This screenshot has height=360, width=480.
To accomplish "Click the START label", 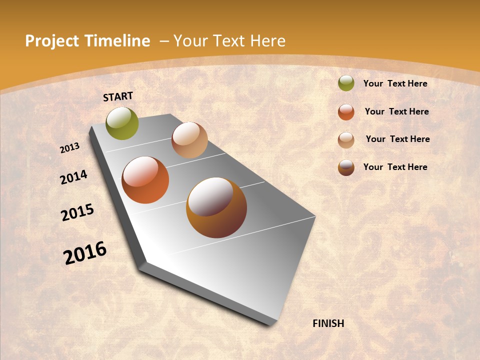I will click(118, 96).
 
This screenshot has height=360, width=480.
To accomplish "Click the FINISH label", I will click(328, 323).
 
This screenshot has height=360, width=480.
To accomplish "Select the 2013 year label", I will click(70, 147).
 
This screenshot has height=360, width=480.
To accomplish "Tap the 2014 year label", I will click(74, 177).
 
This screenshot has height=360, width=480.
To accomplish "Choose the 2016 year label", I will click(85, 252).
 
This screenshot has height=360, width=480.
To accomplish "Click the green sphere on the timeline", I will click(122, 123).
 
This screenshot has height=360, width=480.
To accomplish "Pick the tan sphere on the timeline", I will click(189, 140).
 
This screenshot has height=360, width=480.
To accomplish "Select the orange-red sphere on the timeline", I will click(145, 180).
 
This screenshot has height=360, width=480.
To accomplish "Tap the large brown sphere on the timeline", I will click(216, 207).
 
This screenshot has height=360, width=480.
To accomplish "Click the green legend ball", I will click(346, 83).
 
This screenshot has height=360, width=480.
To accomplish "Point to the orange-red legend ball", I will click(346, 112).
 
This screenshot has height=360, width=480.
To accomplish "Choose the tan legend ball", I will click(346, 140).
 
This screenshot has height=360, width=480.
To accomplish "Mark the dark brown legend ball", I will click(346, 167).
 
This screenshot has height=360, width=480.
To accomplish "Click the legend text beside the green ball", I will click(395, 83).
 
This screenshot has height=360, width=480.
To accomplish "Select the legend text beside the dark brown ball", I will click(395, 167).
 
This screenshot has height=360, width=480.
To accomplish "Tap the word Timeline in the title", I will click(117, 41).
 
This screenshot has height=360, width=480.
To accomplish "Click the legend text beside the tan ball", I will click(397, 139).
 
